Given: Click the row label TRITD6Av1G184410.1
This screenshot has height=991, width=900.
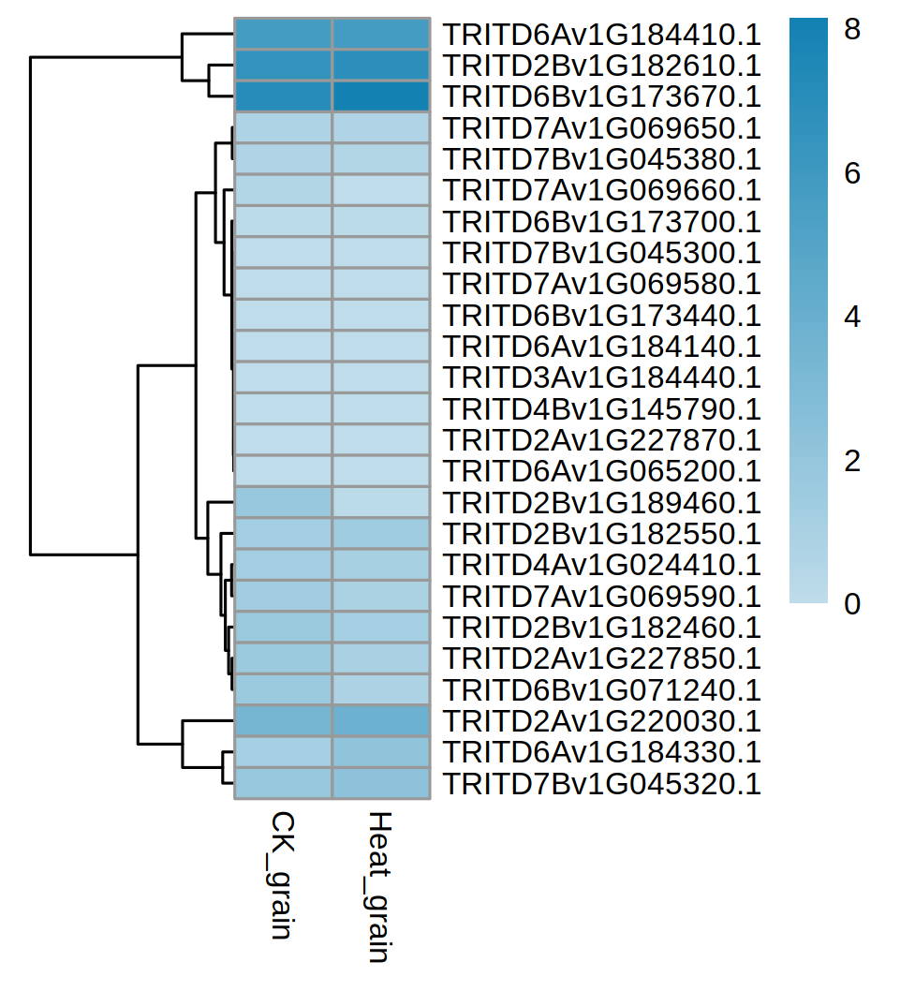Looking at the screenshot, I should point(600,36).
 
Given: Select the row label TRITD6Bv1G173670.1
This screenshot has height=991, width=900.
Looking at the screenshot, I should point(600,97).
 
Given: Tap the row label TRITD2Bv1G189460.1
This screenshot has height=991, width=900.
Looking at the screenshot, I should point(600,504).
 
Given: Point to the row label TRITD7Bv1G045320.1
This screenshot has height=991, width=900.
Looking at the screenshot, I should point(600,784).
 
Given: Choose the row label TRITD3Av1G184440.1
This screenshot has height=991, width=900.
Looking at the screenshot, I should point(600,378).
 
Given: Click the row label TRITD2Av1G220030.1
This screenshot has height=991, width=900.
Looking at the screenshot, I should point(600,722).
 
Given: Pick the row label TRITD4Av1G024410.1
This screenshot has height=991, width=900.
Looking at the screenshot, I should point(600,566).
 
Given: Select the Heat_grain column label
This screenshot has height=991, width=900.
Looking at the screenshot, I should point(378,886).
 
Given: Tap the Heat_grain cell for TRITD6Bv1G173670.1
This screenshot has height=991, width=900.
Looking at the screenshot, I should point(381,97).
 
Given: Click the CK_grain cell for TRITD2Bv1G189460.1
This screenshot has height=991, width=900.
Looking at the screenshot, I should point(283,503).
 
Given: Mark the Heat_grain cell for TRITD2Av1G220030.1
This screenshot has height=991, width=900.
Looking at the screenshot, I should point(381,721).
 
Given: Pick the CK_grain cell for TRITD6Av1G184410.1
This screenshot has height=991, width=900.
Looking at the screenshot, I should point(283,35).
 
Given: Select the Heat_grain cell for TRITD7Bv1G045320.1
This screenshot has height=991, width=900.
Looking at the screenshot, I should point(381,784).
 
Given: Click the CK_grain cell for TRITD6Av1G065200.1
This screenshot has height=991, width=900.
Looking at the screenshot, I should point(283,472).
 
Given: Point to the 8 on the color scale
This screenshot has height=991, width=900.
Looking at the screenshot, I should point(851,31).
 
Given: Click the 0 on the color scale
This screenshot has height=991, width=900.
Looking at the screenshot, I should point(851,604).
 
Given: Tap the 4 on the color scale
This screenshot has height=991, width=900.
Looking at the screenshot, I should point(851,318).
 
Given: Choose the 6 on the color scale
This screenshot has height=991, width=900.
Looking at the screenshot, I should point(851,174).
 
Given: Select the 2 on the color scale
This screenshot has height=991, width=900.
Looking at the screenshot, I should point(851,461).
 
